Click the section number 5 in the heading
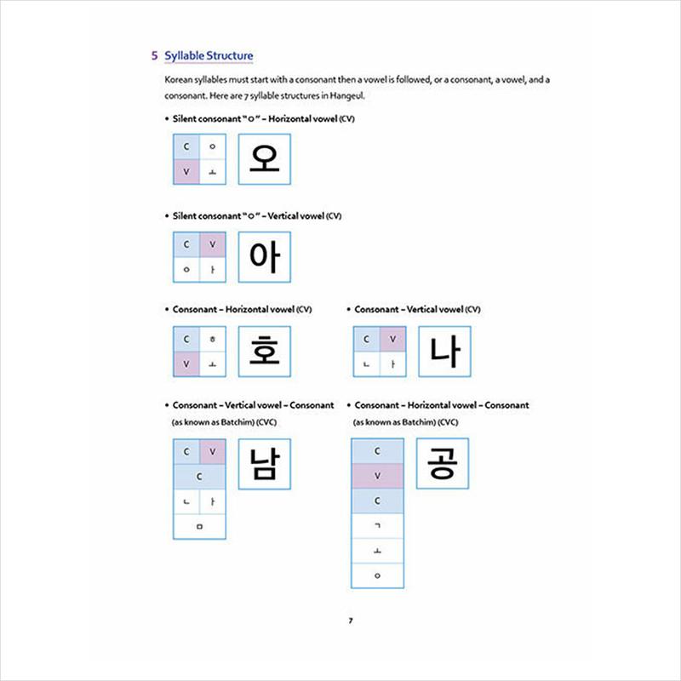pos(154,56)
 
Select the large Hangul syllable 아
pos(265,256)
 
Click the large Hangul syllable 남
pos(265,464)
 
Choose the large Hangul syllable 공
pos(442,463)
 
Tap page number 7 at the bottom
pos(350,619)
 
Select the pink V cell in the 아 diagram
pos(212,244)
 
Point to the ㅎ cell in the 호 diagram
pos(212,339)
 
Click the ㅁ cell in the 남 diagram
pos(199,526)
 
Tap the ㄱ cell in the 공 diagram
pos(377,526)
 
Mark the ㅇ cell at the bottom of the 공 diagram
pos(377,575)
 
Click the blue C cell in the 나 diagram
pos(366,339)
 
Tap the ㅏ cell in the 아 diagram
pos(212,270)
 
